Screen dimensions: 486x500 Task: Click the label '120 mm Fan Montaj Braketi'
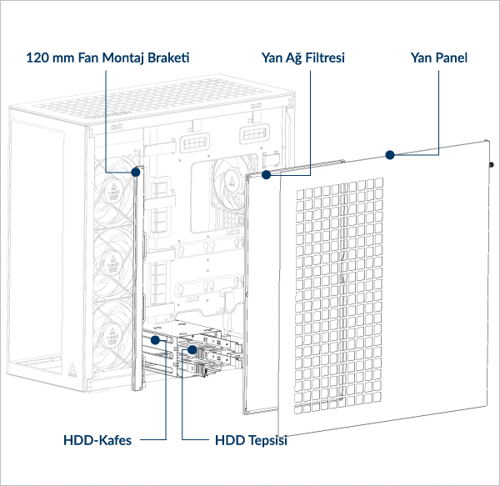tap(108, 58)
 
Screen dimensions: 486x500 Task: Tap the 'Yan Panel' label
tap(439, 58)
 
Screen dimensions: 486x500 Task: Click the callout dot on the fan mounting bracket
tap(137, 173)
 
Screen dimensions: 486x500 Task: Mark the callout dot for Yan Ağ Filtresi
tap(267, 176)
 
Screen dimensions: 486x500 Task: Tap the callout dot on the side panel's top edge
tap(388, 154)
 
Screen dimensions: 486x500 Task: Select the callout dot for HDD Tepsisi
tap(192, 350)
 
